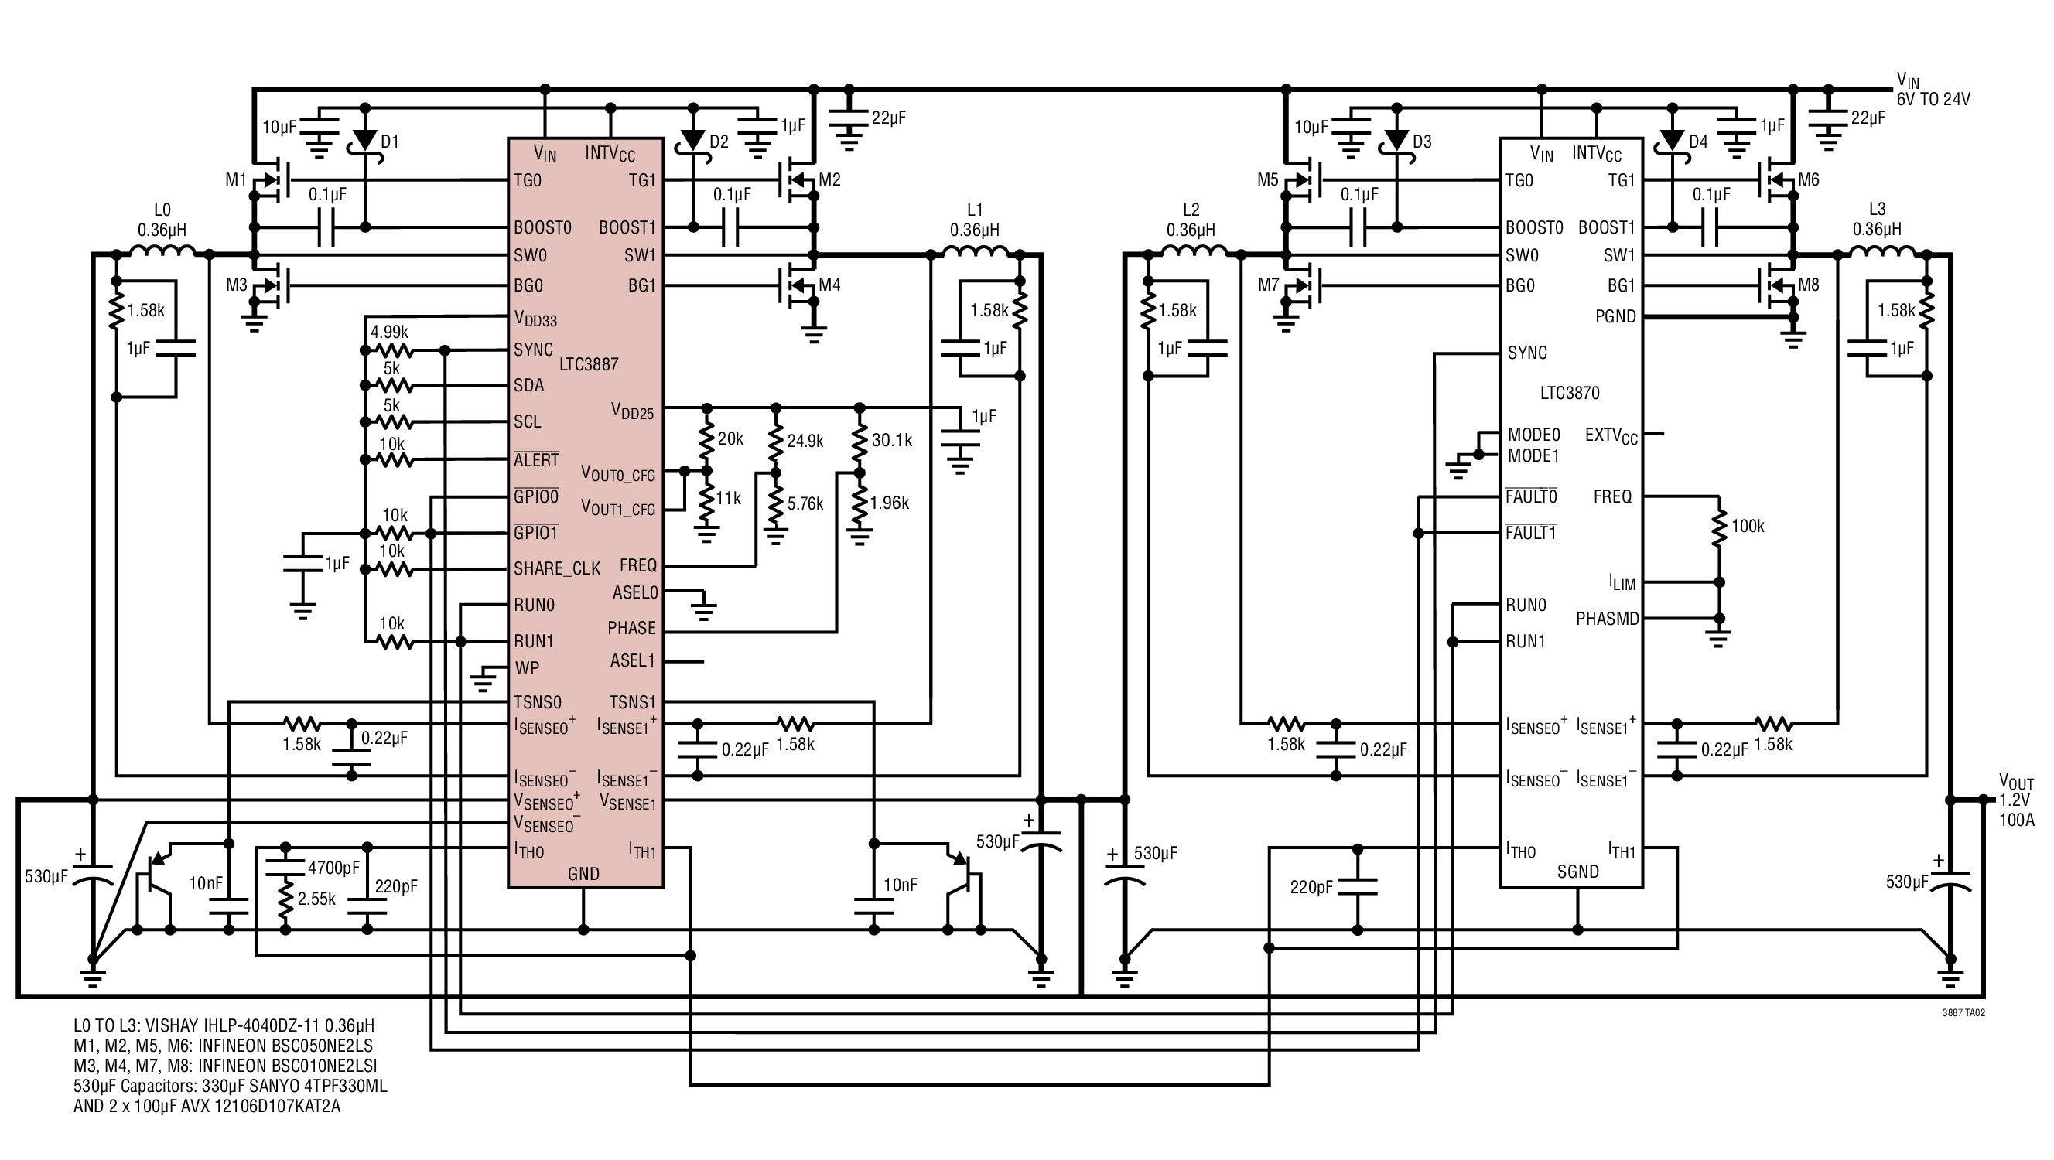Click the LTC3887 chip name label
(589, 364)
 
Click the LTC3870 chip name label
(1569, 393)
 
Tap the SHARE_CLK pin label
(556, 569)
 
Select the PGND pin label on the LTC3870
(1615, 316)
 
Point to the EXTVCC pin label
(1611, 436)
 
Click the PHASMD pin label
(1608, 619)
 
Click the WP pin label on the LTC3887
(527, 668)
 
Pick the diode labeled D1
(365, 141)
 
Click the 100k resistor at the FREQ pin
(1720, 526)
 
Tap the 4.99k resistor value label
(389, 332)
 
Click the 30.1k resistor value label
(891, 440)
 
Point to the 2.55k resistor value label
(316, 899)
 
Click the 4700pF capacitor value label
(333, 868)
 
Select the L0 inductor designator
(162, 210)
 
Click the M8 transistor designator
(1809, 285)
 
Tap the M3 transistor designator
(237, 285)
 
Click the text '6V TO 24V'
(1933, 100)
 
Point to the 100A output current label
(2017, 821)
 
